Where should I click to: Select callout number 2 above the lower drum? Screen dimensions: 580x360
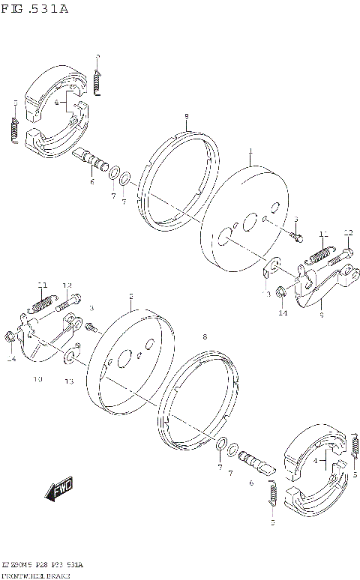click(x=130, y=296)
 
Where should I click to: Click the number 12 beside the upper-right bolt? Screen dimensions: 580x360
click(x=348, y=232)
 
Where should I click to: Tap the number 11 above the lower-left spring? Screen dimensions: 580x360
click(x=43, y=285)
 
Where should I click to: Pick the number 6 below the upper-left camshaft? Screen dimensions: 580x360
click(x=92, y=181)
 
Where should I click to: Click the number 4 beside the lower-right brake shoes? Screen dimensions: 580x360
click(x=316, y=460)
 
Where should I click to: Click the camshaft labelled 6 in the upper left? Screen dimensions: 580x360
click(x=91, y=160)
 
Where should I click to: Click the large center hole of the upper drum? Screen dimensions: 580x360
click(x=223, y=241)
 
